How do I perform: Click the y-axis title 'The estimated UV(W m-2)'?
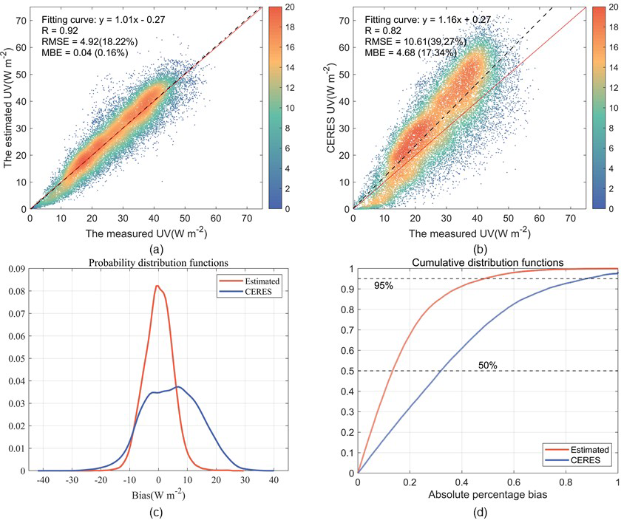[x=9, y=107]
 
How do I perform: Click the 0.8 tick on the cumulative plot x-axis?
[x=566, y=482]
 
